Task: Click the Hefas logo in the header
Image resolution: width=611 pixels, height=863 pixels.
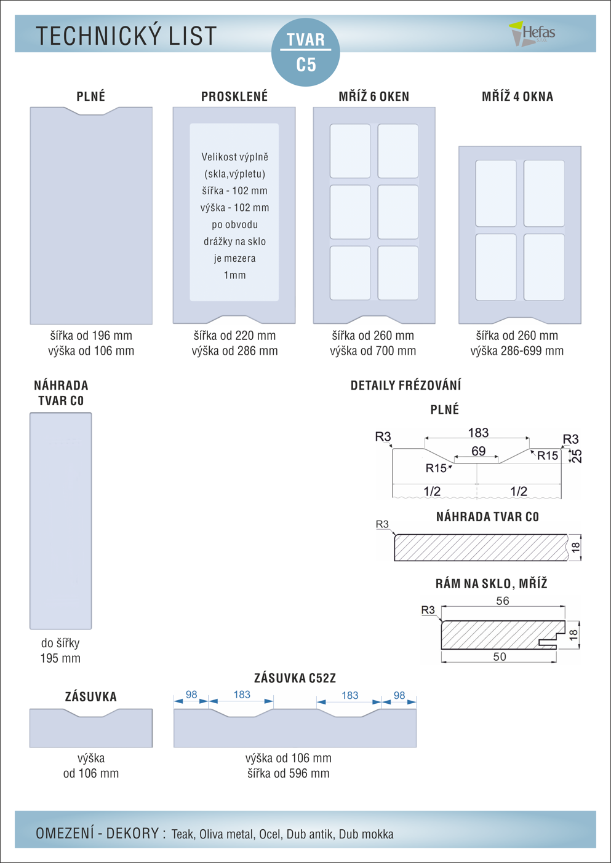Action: pos(533,33)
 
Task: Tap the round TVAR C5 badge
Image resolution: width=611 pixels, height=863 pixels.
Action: pos(306,52)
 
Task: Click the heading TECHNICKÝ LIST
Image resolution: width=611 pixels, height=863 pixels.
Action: pos(127,36)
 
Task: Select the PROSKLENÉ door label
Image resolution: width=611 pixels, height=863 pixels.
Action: pos(234,97)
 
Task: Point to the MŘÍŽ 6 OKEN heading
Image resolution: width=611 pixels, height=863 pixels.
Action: pos(373,97)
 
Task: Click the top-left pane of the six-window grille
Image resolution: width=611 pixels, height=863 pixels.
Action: pos(350,151)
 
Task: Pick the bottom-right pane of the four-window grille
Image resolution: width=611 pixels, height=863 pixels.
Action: pos(544,267)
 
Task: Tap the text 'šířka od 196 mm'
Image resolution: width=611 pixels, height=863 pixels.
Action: pos(91,336)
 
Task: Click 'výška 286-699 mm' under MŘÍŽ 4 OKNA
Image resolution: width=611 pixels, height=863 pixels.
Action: pos(517,351)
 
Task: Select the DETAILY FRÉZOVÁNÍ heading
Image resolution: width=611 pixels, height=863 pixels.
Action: pos(405,385)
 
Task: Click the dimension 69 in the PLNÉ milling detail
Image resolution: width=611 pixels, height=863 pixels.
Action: pos(478,451)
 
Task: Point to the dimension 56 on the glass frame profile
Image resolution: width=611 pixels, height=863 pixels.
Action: pos(503,601)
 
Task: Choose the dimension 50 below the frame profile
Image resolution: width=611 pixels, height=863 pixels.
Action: pos(500,657)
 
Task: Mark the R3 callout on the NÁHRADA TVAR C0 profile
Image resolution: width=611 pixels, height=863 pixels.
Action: pos(382,524)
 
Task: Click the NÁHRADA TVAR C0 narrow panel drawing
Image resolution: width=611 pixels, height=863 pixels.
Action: pos(61,521)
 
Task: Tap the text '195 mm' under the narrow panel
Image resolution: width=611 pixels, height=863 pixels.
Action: pos(60,658)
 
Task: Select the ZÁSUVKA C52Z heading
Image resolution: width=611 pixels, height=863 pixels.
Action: pos(295,678)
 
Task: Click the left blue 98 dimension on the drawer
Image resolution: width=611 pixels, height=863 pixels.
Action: pos(191,695)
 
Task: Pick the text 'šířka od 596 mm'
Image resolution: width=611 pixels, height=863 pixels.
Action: pos(288,773)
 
